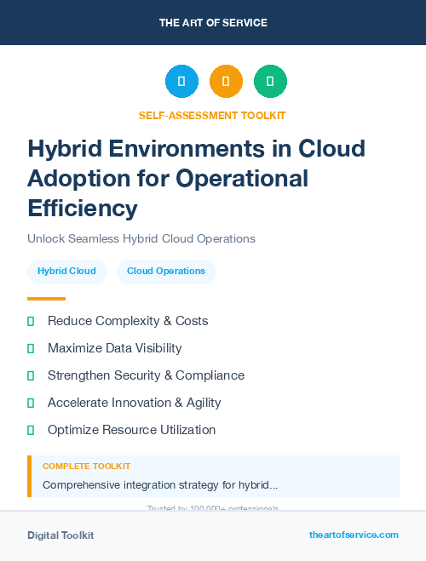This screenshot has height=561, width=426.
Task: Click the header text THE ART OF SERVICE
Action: (x=213, y=23)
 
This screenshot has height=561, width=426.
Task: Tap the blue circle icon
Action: (x=181, y=82)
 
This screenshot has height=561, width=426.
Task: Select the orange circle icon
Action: (x=226, y=82)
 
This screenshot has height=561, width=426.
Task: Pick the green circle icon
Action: (x=270, y=82)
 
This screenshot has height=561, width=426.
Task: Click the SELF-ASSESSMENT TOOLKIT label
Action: (x=212, y=115)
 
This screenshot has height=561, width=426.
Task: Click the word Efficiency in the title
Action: (x=82, y=208)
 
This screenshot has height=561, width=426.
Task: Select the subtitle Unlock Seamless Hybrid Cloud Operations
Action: (x=141, y=238)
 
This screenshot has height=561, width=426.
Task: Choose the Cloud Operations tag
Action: (x=166, y=272)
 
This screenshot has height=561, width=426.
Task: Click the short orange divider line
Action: (x=46, y=299)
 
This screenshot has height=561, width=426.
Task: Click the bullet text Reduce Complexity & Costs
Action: (x=128, y=321)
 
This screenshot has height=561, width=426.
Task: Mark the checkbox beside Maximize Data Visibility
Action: (x=31, y=348)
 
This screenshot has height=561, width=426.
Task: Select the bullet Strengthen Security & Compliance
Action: (x=146, y=375)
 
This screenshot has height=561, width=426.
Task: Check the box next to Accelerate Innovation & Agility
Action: (x=31, y=403)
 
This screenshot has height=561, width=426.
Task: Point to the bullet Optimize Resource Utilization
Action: (x=131, y=430)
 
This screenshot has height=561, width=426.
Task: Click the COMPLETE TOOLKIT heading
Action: (x=86, y=467)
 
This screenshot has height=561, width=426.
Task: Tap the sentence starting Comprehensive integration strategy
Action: (x=160, y=485)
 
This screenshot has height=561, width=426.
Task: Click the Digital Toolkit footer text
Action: (x=60, y=535)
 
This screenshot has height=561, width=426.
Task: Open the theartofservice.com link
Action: (x=354, y=535)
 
